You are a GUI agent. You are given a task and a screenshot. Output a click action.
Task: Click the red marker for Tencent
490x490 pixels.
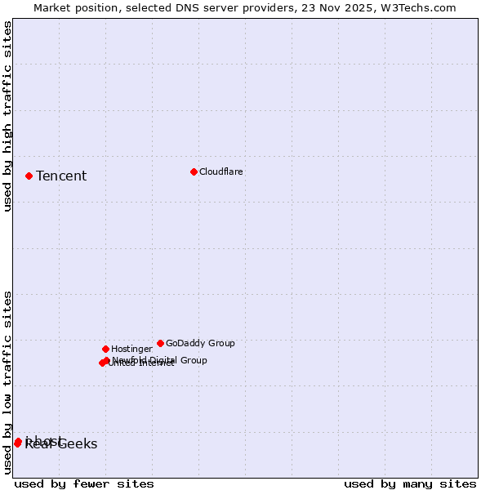point(29,176)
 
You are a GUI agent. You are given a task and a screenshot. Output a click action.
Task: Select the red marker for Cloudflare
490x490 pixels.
point(194,171)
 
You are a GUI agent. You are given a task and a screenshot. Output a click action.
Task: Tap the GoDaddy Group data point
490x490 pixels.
point(160,343)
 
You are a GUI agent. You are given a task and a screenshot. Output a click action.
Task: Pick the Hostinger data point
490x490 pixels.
point(105,349)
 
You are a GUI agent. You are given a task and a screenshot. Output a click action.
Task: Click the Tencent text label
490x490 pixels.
point(61,176)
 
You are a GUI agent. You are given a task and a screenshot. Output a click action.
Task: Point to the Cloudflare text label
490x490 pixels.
point(221,172)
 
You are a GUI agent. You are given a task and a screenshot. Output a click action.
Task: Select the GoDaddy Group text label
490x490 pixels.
point(200,344)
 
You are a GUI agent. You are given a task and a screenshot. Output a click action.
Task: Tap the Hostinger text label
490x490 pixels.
point(132,350)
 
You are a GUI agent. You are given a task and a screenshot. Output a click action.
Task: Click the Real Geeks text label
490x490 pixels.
point(61,444)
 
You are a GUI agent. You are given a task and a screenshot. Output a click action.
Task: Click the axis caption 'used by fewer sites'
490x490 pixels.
point(84,483)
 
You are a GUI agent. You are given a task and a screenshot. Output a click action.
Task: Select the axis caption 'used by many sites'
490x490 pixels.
point(410,483)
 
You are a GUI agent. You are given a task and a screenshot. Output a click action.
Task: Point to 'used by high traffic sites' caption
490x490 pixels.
point(8,116)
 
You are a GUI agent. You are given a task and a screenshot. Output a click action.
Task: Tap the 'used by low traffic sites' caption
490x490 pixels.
point(8,382)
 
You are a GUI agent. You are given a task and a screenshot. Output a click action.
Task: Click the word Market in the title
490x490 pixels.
point(53,8)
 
